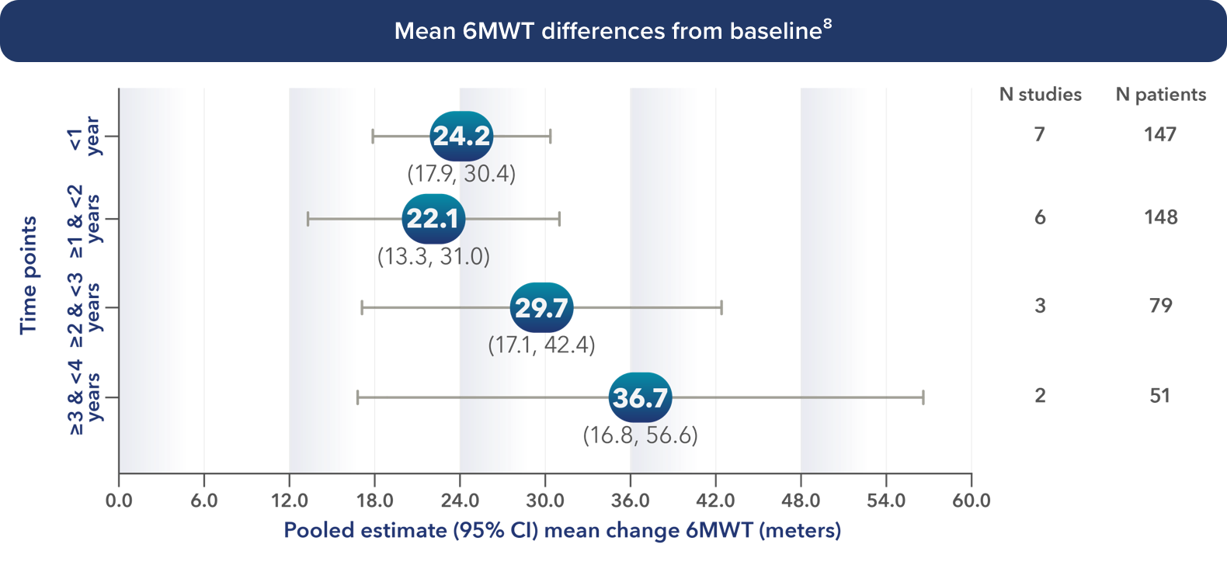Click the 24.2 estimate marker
click(x=461, y=136)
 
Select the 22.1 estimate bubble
click(x=433, y=219)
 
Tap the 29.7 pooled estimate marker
click(x=541, y=308)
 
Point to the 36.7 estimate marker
click(x=640, y=398)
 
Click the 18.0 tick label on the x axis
click(x=374, y=501)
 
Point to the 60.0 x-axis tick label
click(x=971, y=501)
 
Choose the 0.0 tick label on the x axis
click(x=119, y=501)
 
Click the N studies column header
click(x=1040, y=95)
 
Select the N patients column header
click(x=1160, y=95)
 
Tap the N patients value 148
click(x=1160, y=217)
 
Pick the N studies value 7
click(x=1040, y=135)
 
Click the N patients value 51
click(x=1160, y=396)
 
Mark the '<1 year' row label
click(x=84, y=137)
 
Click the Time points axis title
click(x=29, y=276)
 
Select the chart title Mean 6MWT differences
click(x=613, y=31)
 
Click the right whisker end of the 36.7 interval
click(x=923, y=398)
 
